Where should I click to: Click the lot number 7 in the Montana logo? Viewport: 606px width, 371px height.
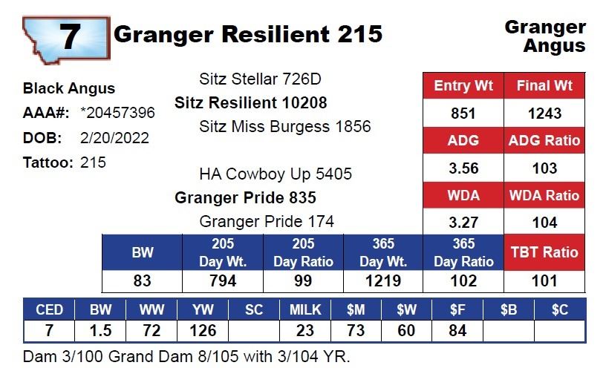(68, 36)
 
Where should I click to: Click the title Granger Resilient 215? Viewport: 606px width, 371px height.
(248, 33)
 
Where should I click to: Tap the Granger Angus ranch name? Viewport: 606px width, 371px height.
(545, 36)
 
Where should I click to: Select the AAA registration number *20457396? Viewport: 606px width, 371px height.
(117, 113)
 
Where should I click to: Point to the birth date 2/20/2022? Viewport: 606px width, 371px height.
(114, 138)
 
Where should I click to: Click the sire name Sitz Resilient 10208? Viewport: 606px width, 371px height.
(250, 102)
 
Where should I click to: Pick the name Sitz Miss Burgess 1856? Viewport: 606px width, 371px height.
(285, 126)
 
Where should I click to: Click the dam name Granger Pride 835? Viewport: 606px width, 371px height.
(245, 198)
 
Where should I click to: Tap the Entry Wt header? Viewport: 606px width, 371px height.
(463, 85)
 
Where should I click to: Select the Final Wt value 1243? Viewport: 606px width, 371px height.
(544, 114)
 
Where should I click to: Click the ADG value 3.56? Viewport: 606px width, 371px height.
(463, 168)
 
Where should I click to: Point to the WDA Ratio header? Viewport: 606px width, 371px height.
(544, 196)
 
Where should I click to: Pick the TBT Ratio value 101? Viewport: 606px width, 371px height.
(544, 280)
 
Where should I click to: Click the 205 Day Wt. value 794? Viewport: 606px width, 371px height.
(223, 280)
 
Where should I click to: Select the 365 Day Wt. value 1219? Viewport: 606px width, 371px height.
(382, 280)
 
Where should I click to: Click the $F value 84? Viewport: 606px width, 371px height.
(457, 330)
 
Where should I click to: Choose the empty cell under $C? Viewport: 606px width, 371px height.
(560, 330)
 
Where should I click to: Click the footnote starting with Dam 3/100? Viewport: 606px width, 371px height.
(186, 355)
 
